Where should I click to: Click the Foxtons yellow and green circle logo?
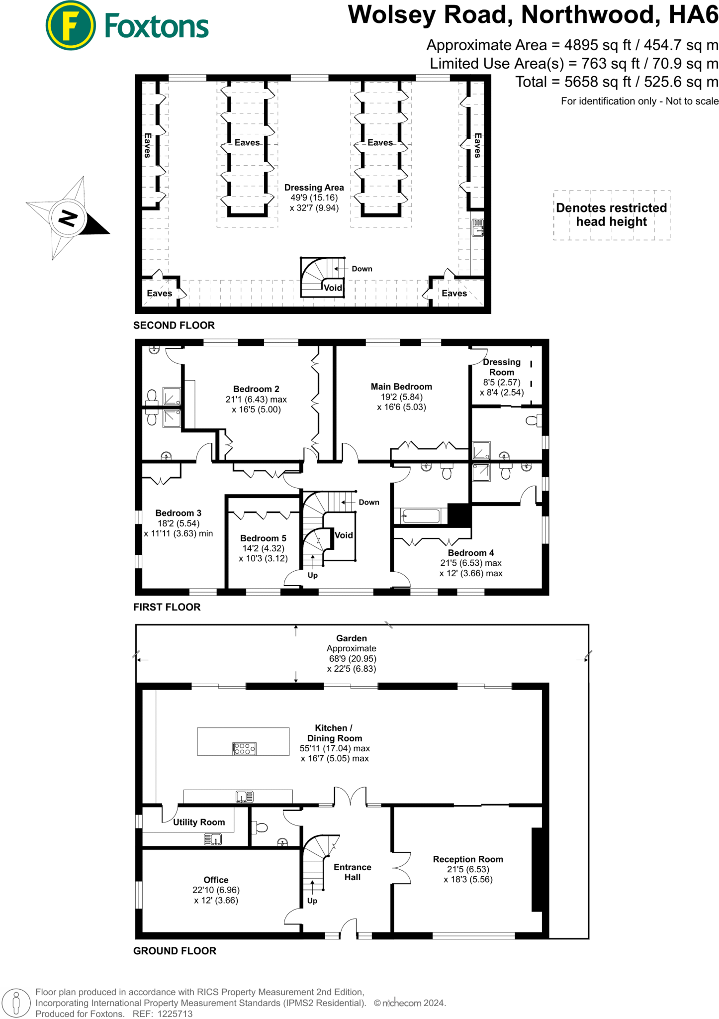coord(71,25)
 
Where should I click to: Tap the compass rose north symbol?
coord(68,218)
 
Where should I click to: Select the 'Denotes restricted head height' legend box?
coord(612,215)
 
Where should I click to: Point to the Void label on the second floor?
coord(333,288)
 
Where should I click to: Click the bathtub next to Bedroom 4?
coord(421,516)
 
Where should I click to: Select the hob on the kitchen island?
coord(244,749)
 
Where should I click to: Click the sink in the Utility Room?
coord(213,840)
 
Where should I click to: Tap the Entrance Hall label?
coord(353,872)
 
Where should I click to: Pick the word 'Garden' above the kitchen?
coord(352,638)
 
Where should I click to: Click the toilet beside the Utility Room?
coord(260,828)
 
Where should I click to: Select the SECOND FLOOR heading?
coord(174,325)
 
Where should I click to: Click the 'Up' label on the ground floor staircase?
coord(312,901)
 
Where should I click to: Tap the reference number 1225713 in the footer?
coord(175,1014)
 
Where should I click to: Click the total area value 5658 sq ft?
coord(597,82)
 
